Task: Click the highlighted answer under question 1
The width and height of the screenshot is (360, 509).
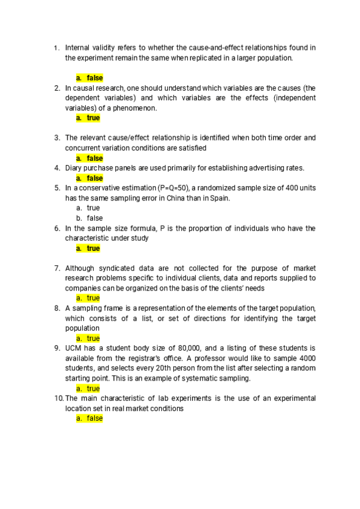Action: (x=89, y=78)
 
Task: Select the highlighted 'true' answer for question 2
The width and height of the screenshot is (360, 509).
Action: (x=88, y=118)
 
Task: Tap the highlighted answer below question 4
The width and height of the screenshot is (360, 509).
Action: (x=89, y=178)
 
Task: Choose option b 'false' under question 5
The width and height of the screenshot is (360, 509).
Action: (x=89, y=218)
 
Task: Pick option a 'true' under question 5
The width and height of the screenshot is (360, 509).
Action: (x=88, y=208)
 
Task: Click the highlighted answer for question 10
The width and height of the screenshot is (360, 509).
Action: (x=89, y=418)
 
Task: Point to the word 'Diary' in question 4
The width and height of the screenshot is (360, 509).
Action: (x=74, y=168)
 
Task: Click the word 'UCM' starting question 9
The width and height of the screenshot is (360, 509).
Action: (x=74, y=348)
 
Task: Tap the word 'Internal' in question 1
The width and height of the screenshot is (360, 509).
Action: (x=78, y=47)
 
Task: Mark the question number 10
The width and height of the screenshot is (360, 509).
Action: (x=58, y=399)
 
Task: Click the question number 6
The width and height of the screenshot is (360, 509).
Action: (x=56, y=228)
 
